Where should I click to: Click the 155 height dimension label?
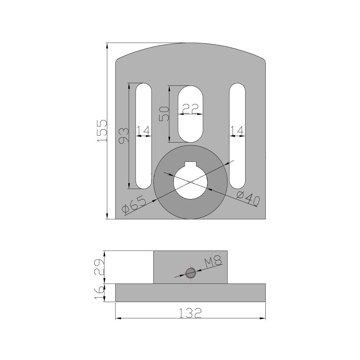click(x=102, y=131)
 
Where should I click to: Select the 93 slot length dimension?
click(x=123, y=136)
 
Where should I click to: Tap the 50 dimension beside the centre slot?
click(x=165, y=114)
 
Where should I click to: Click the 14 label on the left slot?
click(x=144, y=131)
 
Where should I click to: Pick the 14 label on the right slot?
click(x=237, y=131)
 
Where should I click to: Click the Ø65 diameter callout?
click(x=134, y=205)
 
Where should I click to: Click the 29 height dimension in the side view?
click(x=100, y=267)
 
